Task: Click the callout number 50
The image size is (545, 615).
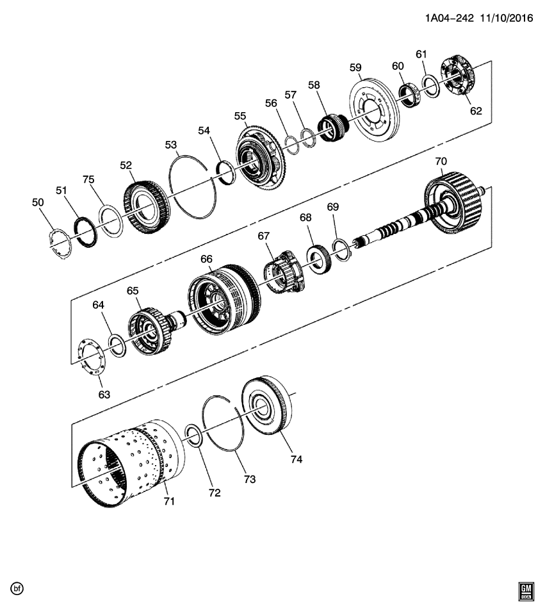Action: point(38,202)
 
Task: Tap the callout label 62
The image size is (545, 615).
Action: point(475,111)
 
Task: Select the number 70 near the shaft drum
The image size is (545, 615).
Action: point(441,161)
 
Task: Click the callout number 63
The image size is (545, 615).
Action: point(104,395)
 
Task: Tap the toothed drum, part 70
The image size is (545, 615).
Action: point(455,203)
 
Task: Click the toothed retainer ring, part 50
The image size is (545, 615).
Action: point(60,245)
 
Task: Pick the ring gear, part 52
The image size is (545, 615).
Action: point(145,206)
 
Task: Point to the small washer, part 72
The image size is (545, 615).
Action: point(195,436)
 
